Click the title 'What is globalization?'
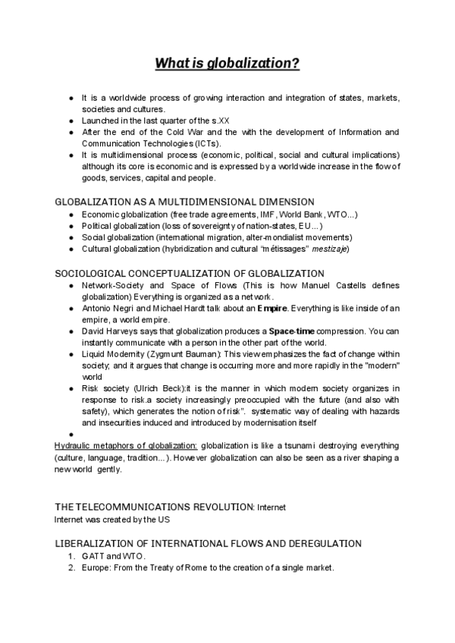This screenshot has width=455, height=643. (227, 64)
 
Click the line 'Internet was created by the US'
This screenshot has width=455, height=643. (112, 520)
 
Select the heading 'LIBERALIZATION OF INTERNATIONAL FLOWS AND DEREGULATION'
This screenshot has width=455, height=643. (209, 544)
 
